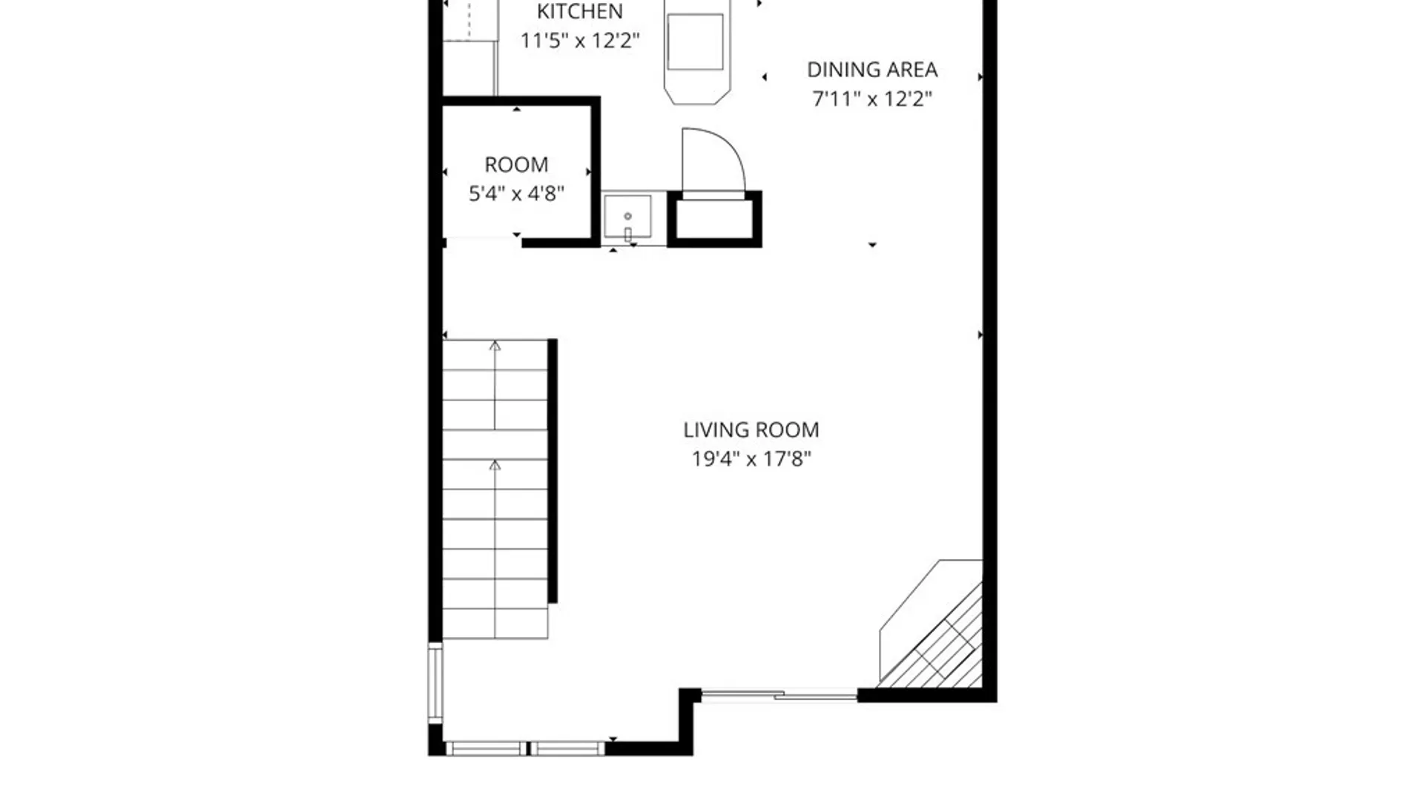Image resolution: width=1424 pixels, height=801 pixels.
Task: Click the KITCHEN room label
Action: pyautogui.click(x=579, y=12)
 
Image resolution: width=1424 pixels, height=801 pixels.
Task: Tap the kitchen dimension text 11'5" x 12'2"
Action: pyautogui.click(x=579, y=40)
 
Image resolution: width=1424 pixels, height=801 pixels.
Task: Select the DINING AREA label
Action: pyautogui.click(x=872, y=70)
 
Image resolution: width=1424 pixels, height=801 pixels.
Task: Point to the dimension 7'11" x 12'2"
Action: pyautogui.click(x=872, y=99)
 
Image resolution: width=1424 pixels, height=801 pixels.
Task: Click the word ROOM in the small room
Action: pyautogui.click(x=516, y=165)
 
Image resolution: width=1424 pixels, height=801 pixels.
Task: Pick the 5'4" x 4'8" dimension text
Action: pyautogui.click(x=516, y=194)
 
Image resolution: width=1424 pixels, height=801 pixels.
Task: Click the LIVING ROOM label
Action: pyautogui.click(x=751, y=430)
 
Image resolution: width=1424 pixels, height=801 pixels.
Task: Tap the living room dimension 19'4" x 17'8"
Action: pyautogui.click(x=751, y=459)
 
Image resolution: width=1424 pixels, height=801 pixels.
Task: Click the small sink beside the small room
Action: pyautogui.click(x=627, y=217)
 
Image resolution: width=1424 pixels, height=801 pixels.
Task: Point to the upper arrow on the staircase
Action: pyautogui.click(x=495, y=346)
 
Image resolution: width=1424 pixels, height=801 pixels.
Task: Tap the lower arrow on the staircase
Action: pyautogui.click(x=495, y=466)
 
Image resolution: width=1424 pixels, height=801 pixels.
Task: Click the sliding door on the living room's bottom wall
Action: pyautogui.click(x=779, y=696)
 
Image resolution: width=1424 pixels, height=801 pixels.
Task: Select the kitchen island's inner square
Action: pyautogui.click(x=695, y=42)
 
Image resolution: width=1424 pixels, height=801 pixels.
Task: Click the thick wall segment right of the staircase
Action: pyautogui.click(x=553, y=471)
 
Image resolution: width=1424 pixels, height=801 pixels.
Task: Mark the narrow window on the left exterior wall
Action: pyautogui.click(x=435, y=682)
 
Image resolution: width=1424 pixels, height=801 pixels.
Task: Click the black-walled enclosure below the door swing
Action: pyautogui.click(x=714, y=219)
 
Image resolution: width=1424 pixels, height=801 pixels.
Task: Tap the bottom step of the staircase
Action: pyautogui.click(x=495, y=624)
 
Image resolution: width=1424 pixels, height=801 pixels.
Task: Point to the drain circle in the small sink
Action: pyautogui.click(x=627, y=216)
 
